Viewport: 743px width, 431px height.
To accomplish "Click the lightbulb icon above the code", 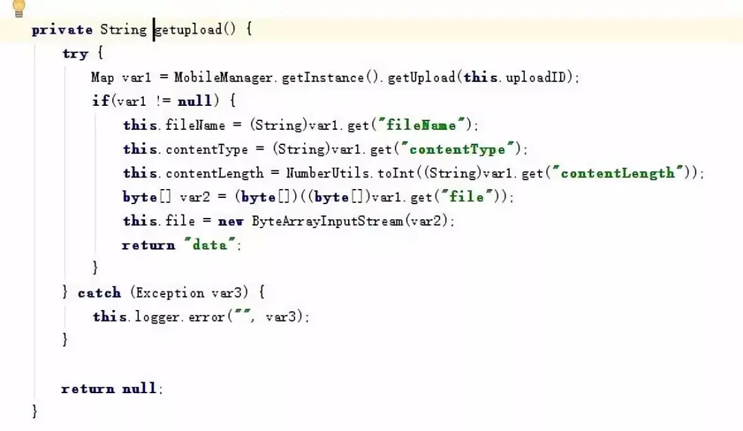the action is [19, 8].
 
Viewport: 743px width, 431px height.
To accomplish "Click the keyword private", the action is [62, 30].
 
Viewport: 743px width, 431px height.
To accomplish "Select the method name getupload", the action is [189, 30].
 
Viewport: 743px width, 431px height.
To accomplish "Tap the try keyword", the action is [75, 54].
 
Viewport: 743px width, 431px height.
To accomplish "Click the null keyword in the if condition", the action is [195, 101].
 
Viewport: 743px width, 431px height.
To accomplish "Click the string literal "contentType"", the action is [457, 149].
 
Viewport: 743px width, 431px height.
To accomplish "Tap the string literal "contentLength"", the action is [618, 173].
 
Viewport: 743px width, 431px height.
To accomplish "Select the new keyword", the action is [230, 221].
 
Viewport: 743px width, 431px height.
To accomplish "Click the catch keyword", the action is [99, 293].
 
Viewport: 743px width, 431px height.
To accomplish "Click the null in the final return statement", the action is [140, 388].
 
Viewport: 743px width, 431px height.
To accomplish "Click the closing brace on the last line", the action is [35, 411].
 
